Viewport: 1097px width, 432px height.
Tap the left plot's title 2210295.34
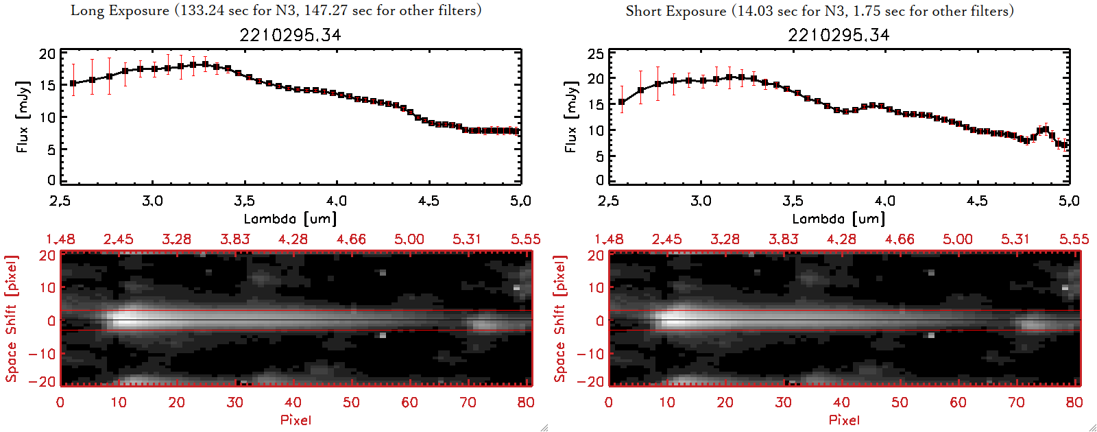[x=290, y=35]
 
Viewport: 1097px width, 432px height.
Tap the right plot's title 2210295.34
[x=839, y=35]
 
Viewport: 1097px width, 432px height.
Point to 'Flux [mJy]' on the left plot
[x=23, y=117]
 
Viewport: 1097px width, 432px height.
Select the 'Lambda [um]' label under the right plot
[x=839, y=219]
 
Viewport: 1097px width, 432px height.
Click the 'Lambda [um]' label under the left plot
[x=290, y=219]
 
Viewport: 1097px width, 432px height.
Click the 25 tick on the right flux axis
[x=596, y=54]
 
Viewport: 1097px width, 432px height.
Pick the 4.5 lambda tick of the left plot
[x=429, y=201]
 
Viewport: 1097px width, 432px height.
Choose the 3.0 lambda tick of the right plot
[x=701, y=201]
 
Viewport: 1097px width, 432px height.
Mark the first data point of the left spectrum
[x=73, y=84]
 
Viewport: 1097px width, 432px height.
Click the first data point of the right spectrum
[x=622, y=102]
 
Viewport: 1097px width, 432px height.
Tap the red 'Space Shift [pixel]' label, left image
[x=11, y=319]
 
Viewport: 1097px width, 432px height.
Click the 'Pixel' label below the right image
[x=844, y=420]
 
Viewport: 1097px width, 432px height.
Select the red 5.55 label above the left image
[x=525, y=239]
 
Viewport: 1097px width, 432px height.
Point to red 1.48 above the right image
[x=609, y=239]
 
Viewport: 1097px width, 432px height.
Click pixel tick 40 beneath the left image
[x=293, y=403]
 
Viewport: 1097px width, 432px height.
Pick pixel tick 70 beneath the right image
[x=1016, y=403]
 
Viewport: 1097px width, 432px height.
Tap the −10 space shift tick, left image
[x=42, y=354]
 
